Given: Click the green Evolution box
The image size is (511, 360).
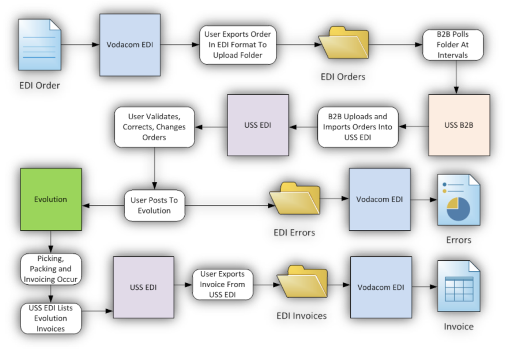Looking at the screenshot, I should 51,199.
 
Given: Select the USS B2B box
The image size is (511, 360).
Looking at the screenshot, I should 459,125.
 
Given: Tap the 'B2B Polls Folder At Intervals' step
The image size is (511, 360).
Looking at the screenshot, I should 453,45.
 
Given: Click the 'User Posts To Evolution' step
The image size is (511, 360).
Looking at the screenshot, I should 154,205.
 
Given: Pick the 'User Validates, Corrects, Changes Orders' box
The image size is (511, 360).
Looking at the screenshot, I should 154,127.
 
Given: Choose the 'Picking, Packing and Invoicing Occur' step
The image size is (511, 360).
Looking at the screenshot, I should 51,269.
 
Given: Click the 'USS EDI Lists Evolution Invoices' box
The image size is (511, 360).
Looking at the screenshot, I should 51,318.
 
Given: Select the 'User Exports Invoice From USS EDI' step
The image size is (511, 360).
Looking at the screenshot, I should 223,284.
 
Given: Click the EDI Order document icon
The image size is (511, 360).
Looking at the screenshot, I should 39,44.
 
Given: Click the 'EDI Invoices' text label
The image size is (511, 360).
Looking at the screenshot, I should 301,316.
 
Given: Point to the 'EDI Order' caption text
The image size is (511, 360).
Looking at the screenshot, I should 39,85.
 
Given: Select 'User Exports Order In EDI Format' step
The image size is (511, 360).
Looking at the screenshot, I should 238,45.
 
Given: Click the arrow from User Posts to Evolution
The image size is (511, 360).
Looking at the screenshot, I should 103,205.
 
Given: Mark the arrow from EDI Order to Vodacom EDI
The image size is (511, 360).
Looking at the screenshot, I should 80,45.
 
